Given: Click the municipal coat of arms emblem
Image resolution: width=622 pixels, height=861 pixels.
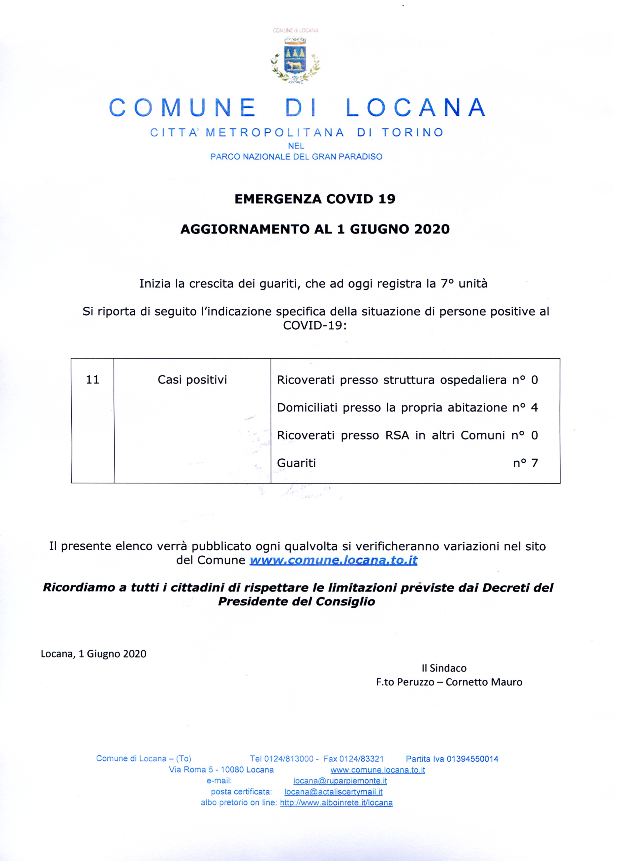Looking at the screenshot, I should (295, 59).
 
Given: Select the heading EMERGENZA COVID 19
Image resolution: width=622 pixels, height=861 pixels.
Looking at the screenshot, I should (315, 199).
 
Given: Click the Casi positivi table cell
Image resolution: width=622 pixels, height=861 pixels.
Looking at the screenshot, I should (192, 380).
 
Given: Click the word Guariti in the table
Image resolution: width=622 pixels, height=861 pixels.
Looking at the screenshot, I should (296, 463).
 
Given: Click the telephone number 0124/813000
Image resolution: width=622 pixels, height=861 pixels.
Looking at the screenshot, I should (289, 759).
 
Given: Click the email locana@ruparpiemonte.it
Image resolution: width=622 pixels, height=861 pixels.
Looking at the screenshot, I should (340, 781).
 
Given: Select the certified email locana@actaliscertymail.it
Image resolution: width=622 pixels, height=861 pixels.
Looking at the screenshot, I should (333, 792).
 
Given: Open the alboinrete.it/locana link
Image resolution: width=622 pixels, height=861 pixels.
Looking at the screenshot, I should (336, 803).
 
